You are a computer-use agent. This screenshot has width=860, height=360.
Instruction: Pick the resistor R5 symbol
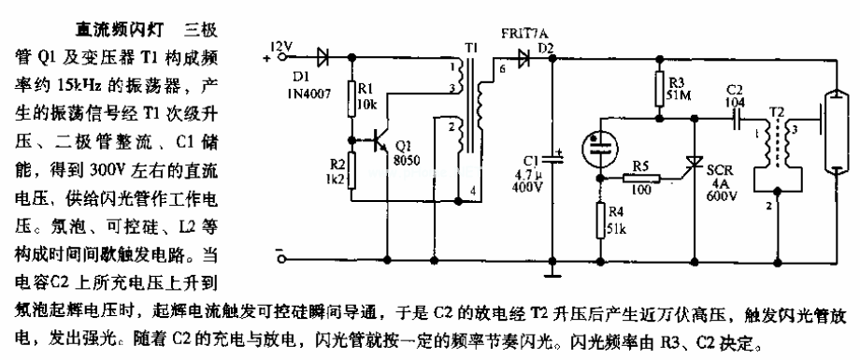(644, 178)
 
